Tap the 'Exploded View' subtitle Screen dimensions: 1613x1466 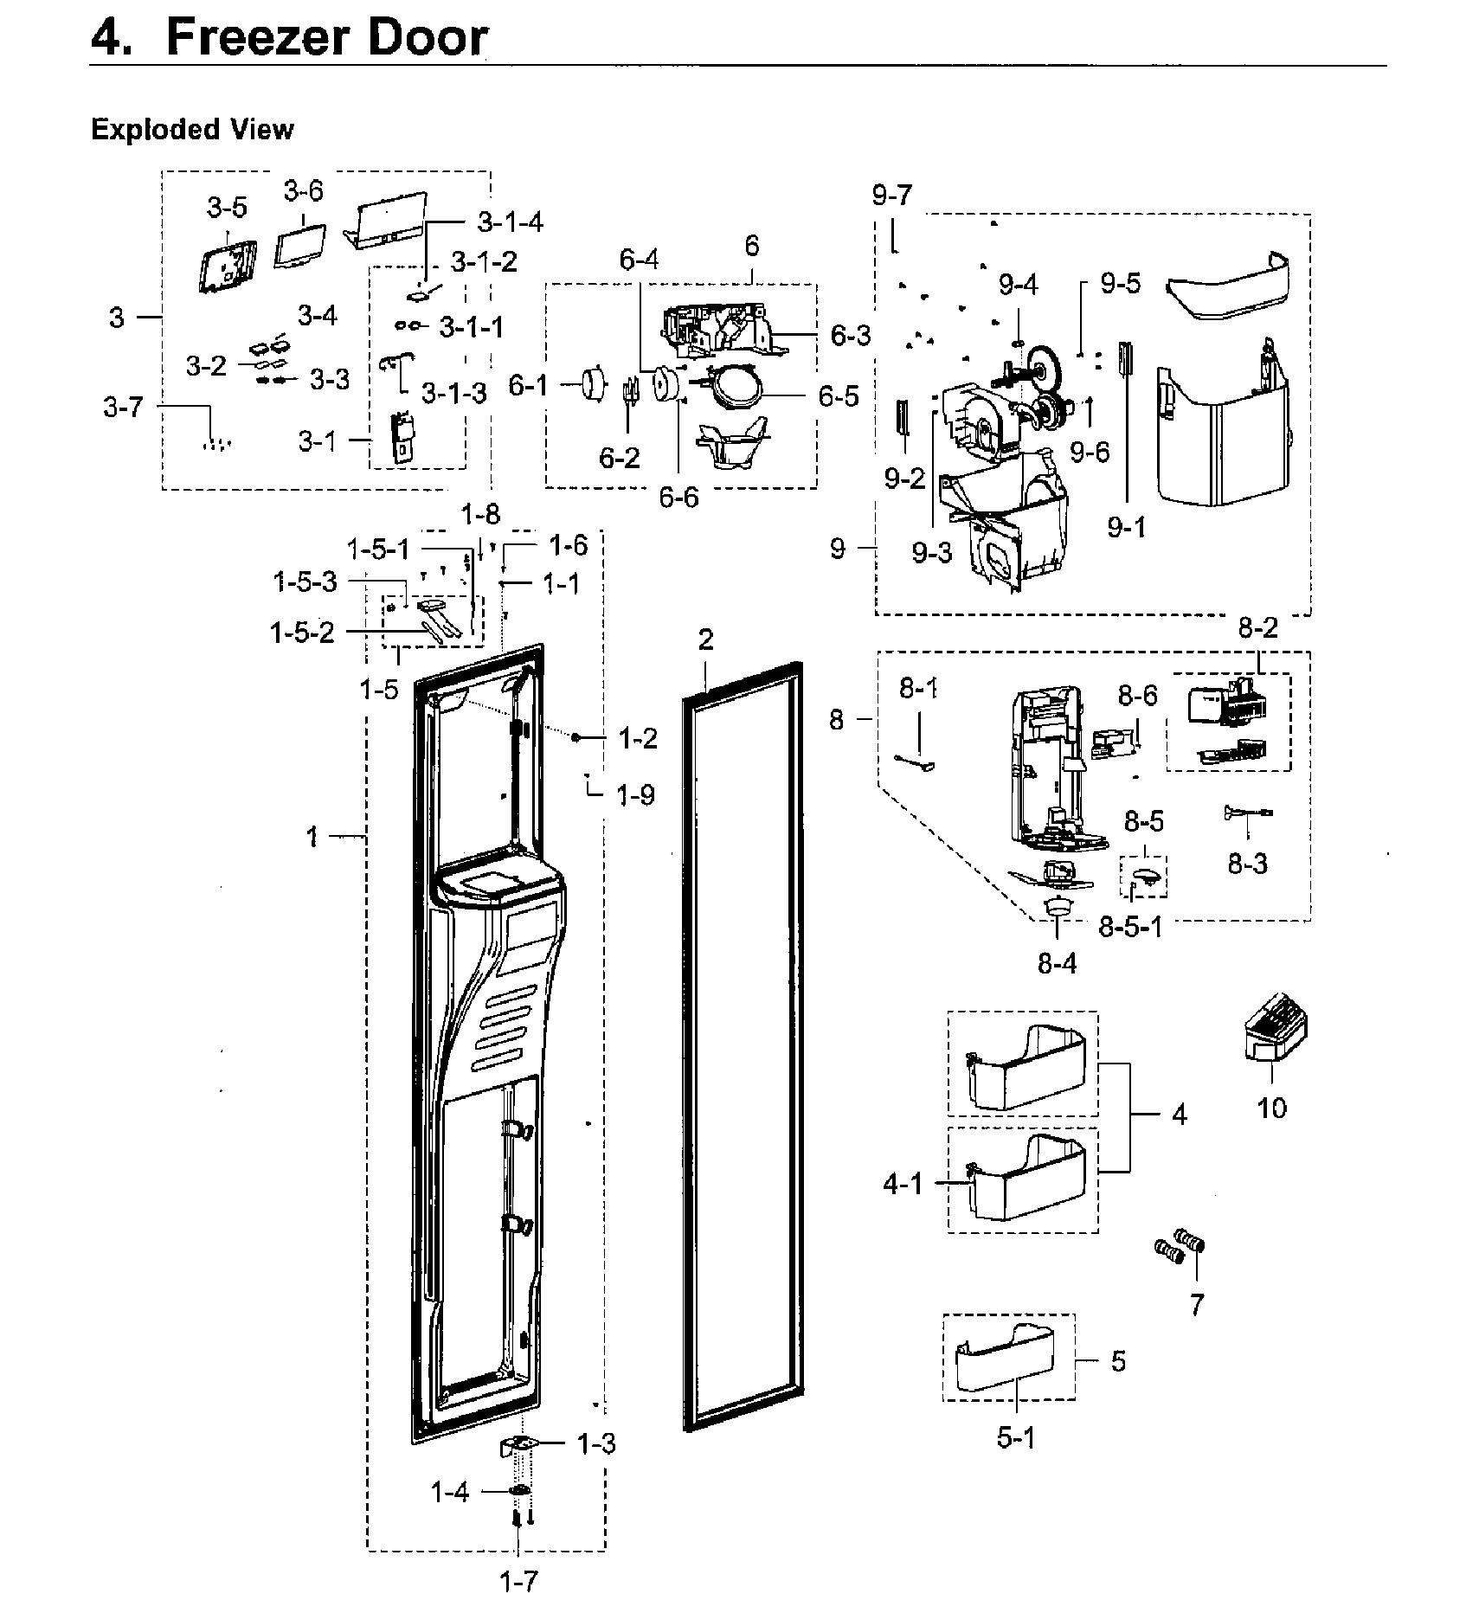192,130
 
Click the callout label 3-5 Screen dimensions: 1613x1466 226,208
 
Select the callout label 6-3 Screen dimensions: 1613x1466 851,336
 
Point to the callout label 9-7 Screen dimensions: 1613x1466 892,196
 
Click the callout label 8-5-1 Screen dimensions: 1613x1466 1130,927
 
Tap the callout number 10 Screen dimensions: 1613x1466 1271,1107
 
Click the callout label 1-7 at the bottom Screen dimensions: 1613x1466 518,1583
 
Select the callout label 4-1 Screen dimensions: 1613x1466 903,1184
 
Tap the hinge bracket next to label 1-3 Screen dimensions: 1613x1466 522,1444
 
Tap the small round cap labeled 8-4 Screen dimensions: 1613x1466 1056,907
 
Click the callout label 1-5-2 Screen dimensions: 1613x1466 302,633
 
